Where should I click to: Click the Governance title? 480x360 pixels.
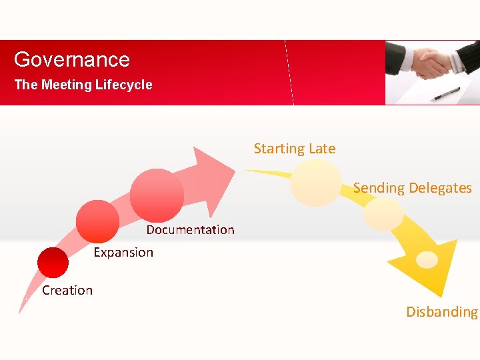pyautogui.click(x=72, y=59)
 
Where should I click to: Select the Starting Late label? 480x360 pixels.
pyautogui.click(x=295, y=149)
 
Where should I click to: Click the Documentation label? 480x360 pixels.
pyautogui.click(x=190, y=230)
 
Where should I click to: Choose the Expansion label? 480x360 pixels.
pyautogui.click(x=123, y=252)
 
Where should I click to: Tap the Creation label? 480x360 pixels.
pyautogui.click(x=67, y=290)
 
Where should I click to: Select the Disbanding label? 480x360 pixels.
pyautogui.click(x=442, y=311)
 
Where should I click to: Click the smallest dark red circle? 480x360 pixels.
pyautogui.click(x=53, y=263)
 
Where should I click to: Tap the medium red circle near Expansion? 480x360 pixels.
pyautogui.click(x=97, y=221)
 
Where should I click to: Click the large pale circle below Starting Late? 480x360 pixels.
pyautogui.click(x=315, y=182)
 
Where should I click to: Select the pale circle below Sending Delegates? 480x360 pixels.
pyautogui.click(x=383, y=214)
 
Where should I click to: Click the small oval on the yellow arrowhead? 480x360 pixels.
pyautogui.click(x=427, y=259)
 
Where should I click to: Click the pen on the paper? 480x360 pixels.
pyautogui.click(x=445, y=94)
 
